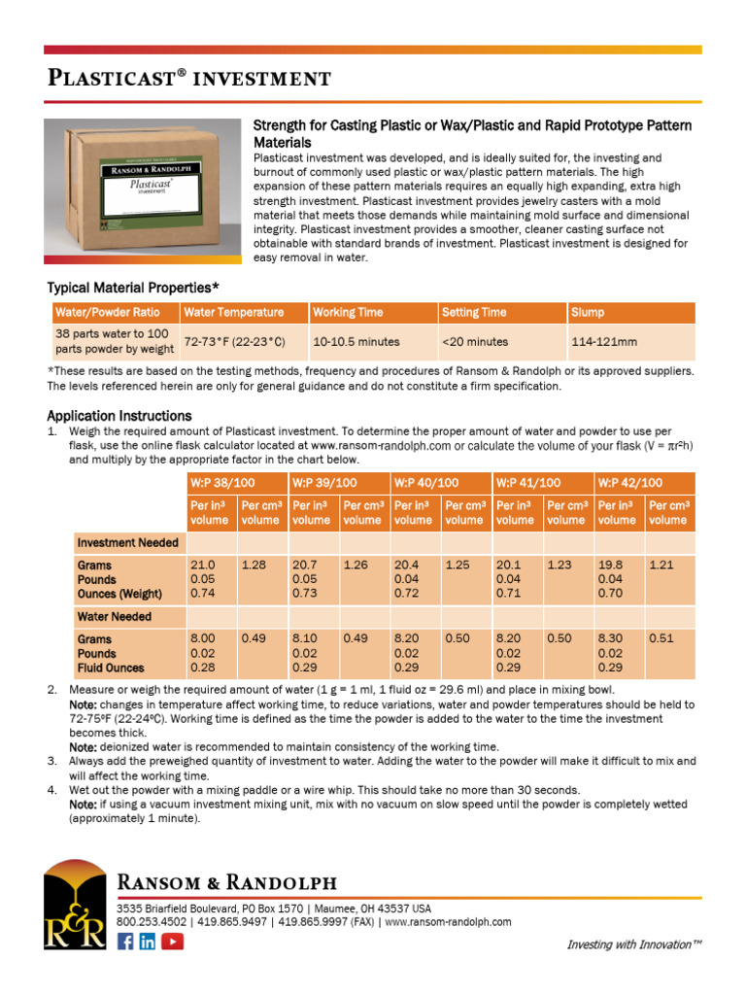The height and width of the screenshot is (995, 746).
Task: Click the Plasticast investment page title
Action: tap(189, 78)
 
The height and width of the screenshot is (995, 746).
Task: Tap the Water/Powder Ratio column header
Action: tap(107, 313)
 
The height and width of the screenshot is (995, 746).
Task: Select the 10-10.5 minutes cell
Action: tap(356, 342)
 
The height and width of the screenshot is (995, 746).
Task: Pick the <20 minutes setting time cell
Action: tap(475, 342)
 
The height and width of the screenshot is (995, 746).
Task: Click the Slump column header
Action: tap(589, 313)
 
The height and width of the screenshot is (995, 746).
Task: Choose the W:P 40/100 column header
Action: tap(426, 483)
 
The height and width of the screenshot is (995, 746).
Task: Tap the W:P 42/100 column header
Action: tap(630, 483)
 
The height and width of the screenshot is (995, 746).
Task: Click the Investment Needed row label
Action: tap(127, 542)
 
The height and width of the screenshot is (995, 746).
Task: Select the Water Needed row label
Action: tap(115, 616)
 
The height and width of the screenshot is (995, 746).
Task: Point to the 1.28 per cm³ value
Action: tap(254, 565)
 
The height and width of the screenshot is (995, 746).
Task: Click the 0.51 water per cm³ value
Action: tap(661, 638)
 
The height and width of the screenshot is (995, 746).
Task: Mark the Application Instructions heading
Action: tap(119, 416)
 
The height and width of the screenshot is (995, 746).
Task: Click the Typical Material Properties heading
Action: tap(133, 288)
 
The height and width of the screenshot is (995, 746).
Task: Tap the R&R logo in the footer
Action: tap(75, 905)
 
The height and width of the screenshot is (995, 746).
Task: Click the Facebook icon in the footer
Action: tap(125, 941)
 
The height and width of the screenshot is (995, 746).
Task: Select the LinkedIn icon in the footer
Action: tap(148, 941)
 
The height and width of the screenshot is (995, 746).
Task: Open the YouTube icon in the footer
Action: tap(172, 941)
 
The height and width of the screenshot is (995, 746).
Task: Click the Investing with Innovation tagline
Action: tap(633, 944)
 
